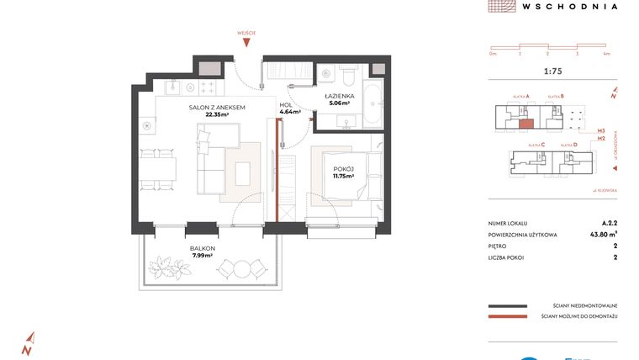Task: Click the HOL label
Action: [x=286, y=105]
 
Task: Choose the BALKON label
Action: [x=202, y=249]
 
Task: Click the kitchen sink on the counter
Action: [x=174, y=86]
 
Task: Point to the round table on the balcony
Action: [x=241, y=269]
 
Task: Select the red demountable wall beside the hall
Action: [x=277, y=168]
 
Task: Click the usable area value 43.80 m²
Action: [x=602, y=234]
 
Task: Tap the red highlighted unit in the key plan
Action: [x=525, y=124]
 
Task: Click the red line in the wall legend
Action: [x=506, y=317]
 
